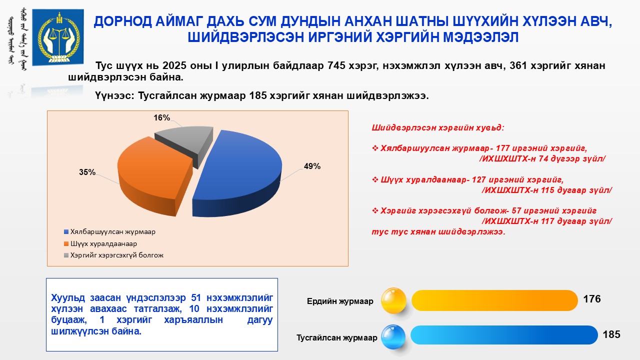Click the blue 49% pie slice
(x=237, y=174)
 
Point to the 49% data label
(x=312, y=166)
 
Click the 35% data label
(x=87, y=172)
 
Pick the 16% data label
(x=161, y=117)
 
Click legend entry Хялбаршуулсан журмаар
(x=109, y=231)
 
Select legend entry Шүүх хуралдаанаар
(x=100, y=243)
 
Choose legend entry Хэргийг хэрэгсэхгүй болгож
(x=113, y=255)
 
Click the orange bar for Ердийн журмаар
(x=494, y=300)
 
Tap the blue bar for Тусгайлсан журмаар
(x=504, y=335)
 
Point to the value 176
(x=592, y=299)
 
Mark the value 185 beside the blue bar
(x=611, y=334)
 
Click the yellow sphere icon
(x=393, y=300)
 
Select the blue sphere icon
(x=393, y=337)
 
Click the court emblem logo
(x=57, y=37)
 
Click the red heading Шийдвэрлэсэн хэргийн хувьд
(x=438, y=127)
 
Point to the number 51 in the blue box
(x=196, y=297)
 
